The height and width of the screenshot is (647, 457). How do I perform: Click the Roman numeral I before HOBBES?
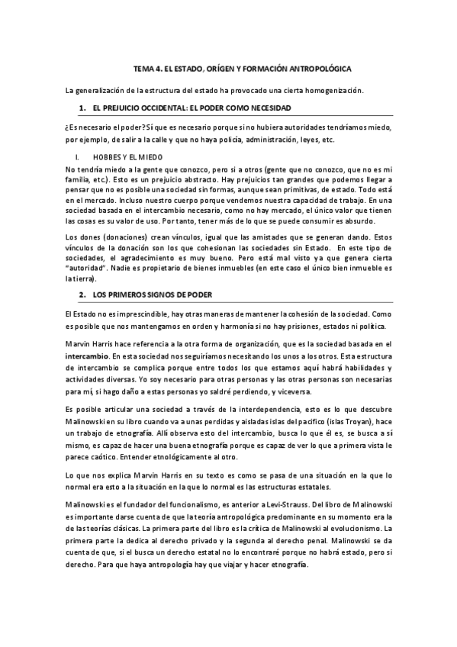coord(69,157)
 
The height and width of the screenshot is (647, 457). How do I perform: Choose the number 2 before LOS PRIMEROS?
coord(82,295)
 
